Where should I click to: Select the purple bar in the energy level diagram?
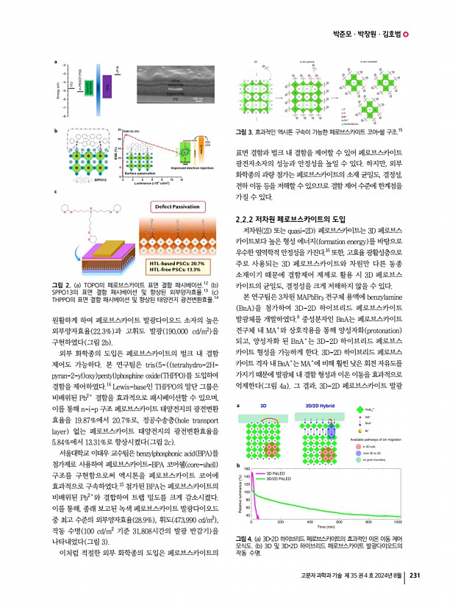[108, 89]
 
